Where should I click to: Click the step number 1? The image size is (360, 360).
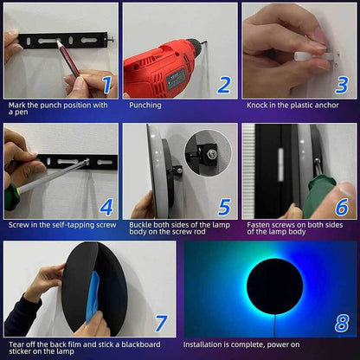coord(107,84)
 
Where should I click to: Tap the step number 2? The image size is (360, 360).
coord(224,84)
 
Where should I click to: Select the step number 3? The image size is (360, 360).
coord(342,84)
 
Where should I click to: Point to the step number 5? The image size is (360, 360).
coord(224,207)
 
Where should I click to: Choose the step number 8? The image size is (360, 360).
coord(342,323)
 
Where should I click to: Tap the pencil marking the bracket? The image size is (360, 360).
coord(68,59)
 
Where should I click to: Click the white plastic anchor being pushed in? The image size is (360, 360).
coord(303,55)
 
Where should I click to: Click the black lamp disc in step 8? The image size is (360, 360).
coord(274,286)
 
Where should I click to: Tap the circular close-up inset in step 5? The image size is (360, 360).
coord(208,152)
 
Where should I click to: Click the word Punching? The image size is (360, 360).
coord(145,106)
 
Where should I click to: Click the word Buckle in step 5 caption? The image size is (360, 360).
coord(140,225)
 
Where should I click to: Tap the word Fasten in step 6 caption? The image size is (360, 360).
coord(259,225)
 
